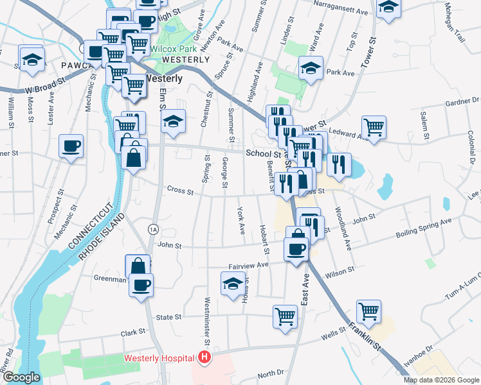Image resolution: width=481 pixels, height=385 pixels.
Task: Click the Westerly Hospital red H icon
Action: tap(204, 357)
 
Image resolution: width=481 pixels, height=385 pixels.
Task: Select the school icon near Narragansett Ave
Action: tap(388, 8)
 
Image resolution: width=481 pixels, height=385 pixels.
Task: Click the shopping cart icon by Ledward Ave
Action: tap(374, 126)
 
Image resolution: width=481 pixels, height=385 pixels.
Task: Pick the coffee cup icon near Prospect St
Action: tap(71, 146)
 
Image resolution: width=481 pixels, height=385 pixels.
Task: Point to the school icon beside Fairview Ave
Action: tap(233, 284)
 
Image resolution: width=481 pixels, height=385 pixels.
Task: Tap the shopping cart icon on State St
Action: tap(285, 316)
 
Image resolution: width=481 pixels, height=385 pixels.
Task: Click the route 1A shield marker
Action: tap(152, 229)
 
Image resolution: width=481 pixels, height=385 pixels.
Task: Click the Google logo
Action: tap(21, 377)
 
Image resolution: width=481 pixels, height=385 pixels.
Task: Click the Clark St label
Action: tap(133, 333)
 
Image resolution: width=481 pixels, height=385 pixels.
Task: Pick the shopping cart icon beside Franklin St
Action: tap(369, 312)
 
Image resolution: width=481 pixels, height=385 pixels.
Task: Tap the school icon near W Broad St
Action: tap(32, 59)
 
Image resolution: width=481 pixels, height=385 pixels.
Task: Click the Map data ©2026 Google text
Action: tap(440, 380)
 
